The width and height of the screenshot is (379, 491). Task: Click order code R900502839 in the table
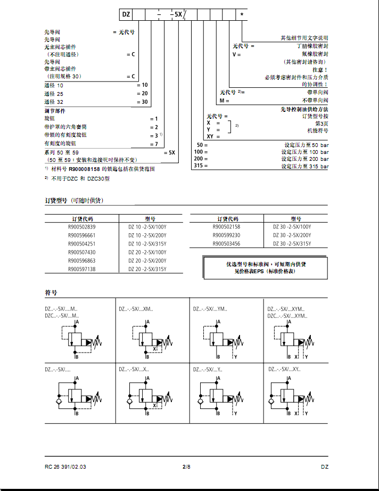[82, 227]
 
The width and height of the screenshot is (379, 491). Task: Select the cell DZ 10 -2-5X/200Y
[147, 235]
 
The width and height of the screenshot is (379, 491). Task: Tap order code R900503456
[226, 244]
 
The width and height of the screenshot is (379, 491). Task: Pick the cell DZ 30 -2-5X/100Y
[292, 227]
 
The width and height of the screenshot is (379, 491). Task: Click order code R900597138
[82, 269]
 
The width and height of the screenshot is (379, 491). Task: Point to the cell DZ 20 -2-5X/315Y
[147, 269]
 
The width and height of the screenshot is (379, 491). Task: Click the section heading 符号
[51, 293]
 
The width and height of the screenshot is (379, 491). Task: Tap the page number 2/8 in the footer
[186, 467]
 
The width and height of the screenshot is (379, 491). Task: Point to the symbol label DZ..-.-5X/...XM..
[136, 308]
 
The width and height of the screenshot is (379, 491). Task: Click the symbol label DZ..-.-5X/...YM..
[210, 308]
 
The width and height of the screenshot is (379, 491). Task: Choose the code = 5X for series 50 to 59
[169, 152]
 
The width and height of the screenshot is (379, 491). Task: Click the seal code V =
[237, 54]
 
